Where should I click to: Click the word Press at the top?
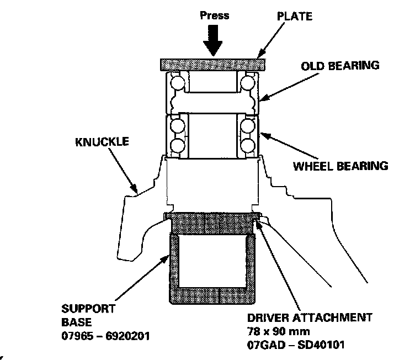tap(215, 15)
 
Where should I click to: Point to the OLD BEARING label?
tap(340, 66)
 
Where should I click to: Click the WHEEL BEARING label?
tap(340, 165)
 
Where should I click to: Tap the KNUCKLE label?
tap(102, 142)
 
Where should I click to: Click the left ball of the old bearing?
tap(178, 84)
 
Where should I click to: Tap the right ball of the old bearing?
tap(247, 84)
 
